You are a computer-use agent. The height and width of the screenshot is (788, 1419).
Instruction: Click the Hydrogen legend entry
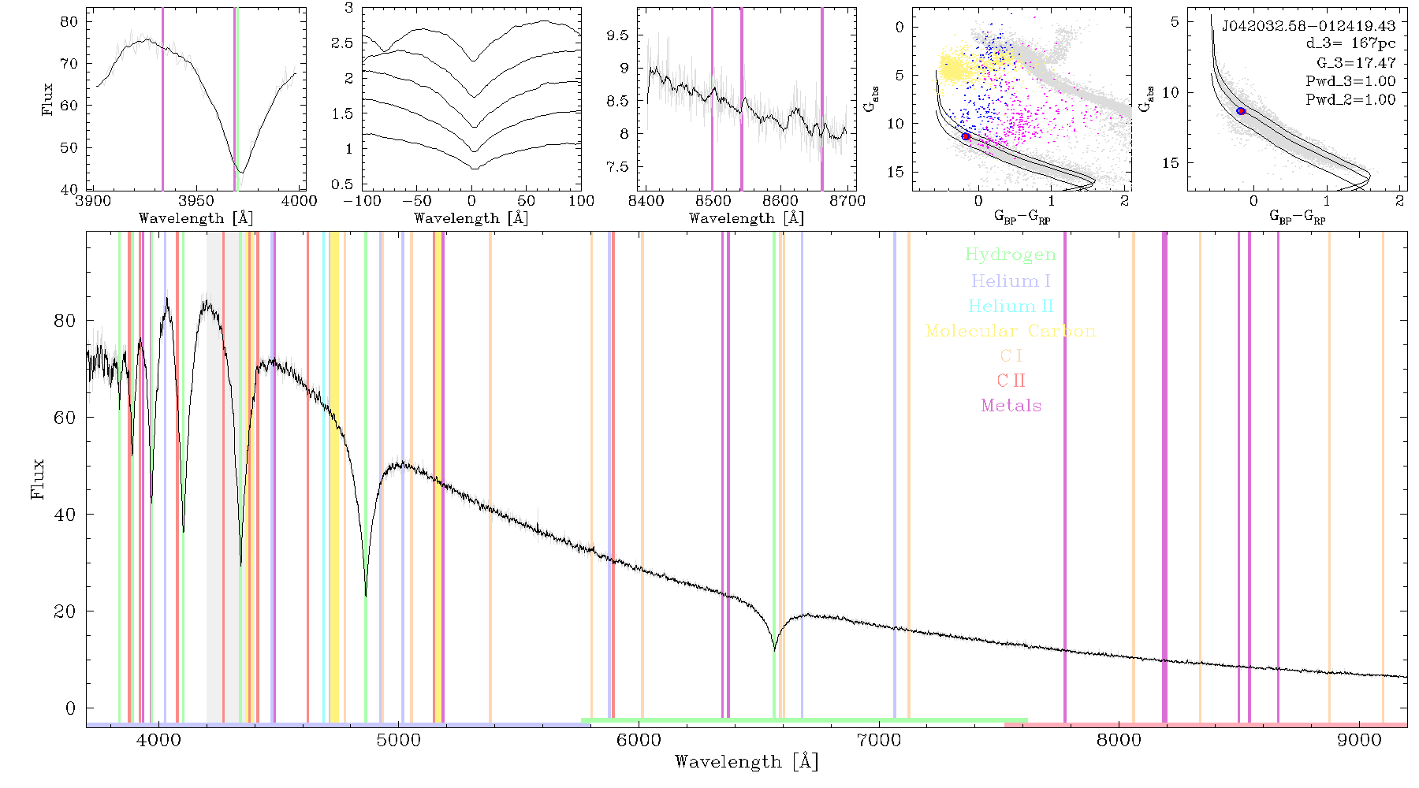[1011, 255]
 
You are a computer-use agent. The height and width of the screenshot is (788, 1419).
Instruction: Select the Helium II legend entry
[1011, 306]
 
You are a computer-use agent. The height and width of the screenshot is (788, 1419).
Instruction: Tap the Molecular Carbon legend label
[1011, 331]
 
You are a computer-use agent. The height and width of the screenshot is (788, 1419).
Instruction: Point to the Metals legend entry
[1011, 406]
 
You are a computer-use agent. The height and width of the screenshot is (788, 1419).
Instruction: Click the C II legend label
[1011, 381]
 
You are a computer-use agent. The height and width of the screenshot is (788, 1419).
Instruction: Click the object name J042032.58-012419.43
[1309, 26]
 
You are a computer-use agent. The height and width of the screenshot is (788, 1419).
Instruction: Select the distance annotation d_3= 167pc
[1350, 44]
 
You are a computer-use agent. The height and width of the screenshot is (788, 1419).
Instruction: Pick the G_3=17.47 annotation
[1356, 63]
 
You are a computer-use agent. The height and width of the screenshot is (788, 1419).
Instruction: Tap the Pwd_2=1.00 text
[1350, 100]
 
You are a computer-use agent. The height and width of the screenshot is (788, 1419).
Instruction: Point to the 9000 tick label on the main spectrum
[1359, 740]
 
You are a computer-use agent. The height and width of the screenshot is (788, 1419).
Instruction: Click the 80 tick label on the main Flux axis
[65, 321]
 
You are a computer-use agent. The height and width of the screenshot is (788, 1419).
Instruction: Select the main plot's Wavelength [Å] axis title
[747, 762]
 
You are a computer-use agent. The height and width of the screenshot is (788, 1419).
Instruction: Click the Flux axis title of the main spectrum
[37, 478]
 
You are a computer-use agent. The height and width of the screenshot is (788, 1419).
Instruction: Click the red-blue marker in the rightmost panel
[1241, 111]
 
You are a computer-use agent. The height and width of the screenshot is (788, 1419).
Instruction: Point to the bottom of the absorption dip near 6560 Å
[774, 651]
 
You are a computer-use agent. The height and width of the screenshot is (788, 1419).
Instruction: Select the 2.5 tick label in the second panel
[342, 43]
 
